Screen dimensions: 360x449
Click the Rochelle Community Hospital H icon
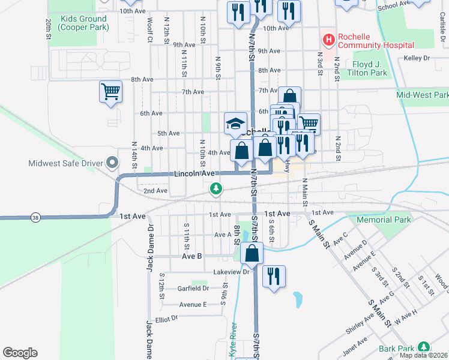328,40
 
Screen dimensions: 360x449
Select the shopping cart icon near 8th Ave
110,92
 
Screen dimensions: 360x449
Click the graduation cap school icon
235,124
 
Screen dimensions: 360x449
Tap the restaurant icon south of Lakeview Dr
274,277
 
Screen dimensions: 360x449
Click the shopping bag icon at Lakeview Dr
252,254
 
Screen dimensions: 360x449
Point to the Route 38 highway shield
35,217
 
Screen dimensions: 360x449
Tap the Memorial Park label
384,220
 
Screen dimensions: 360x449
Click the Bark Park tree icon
424,347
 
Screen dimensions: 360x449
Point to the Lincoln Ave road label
194,173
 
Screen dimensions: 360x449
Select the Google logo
20,353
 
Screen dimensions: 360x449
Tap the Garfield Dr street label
193,288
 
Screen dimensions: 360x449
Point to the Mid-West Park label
422,95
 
